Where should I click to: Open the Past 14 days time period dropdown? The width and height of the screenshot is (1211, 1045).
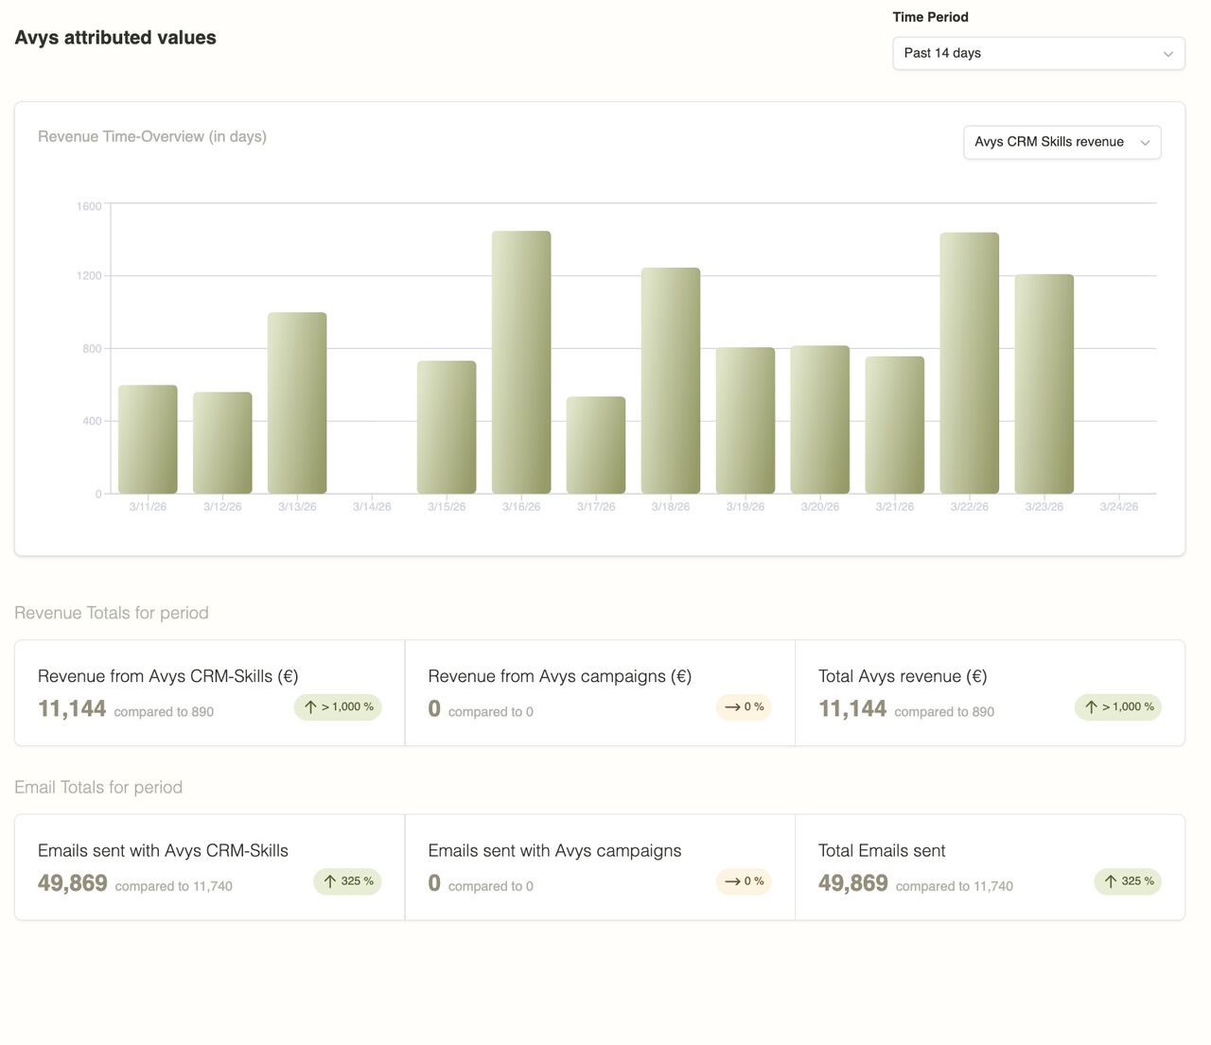[1038, 53]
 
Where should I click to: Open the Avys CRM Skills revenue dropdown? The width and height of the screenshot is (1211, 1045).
[1062, 142]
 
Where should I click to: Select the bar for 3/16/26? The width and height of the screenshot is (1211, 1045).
[521, 362]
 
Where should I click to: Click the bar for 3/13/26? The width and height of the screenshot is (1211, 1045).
[297, 403]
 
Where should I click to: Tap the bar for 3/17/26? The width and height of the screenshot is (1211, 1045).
[596, 444]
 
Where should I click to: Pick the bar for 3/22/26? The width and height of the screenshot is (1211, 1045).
[969, 362]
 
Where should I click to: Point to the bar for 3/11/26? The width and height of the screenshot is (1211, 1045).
[148, 439]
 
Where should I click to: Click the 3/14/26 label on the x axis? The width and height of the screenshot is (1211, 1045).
[372, 507]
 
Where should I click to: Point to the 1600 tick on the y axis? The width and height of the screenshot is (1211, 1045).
[89, 206]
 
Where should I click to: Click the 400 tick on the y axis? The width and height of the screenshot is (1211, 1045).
[92, 421]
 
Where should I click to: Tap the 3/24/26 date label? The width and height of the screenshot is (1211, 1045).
[1118, 507]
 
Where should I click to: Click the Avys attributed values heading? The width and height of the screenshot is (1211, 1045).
[115, 38]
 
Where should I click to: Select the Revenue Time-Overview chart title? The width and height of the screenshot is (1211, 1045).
[152, 136]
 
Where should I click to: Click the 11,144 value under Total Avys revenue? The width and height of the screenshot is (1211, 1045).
[852, 708]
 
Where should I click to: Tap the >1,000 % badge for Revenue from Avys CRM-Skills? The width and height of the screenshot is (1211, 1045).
[338, 707]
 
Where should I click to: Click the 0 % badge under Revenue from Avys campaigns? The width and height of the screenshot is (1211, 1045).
[744, 707]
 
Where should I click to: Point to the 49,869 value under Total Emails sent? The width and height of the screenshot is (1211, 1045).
[853, 883]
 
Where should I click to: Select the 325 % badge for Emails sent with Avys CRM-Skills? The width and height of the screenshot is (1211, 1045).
[347, 881]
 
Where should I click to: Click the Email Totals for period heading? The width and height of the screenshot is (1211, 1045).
[98, 787]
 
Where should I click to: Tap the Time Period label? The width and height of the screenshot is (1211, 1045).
[930, 17]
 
